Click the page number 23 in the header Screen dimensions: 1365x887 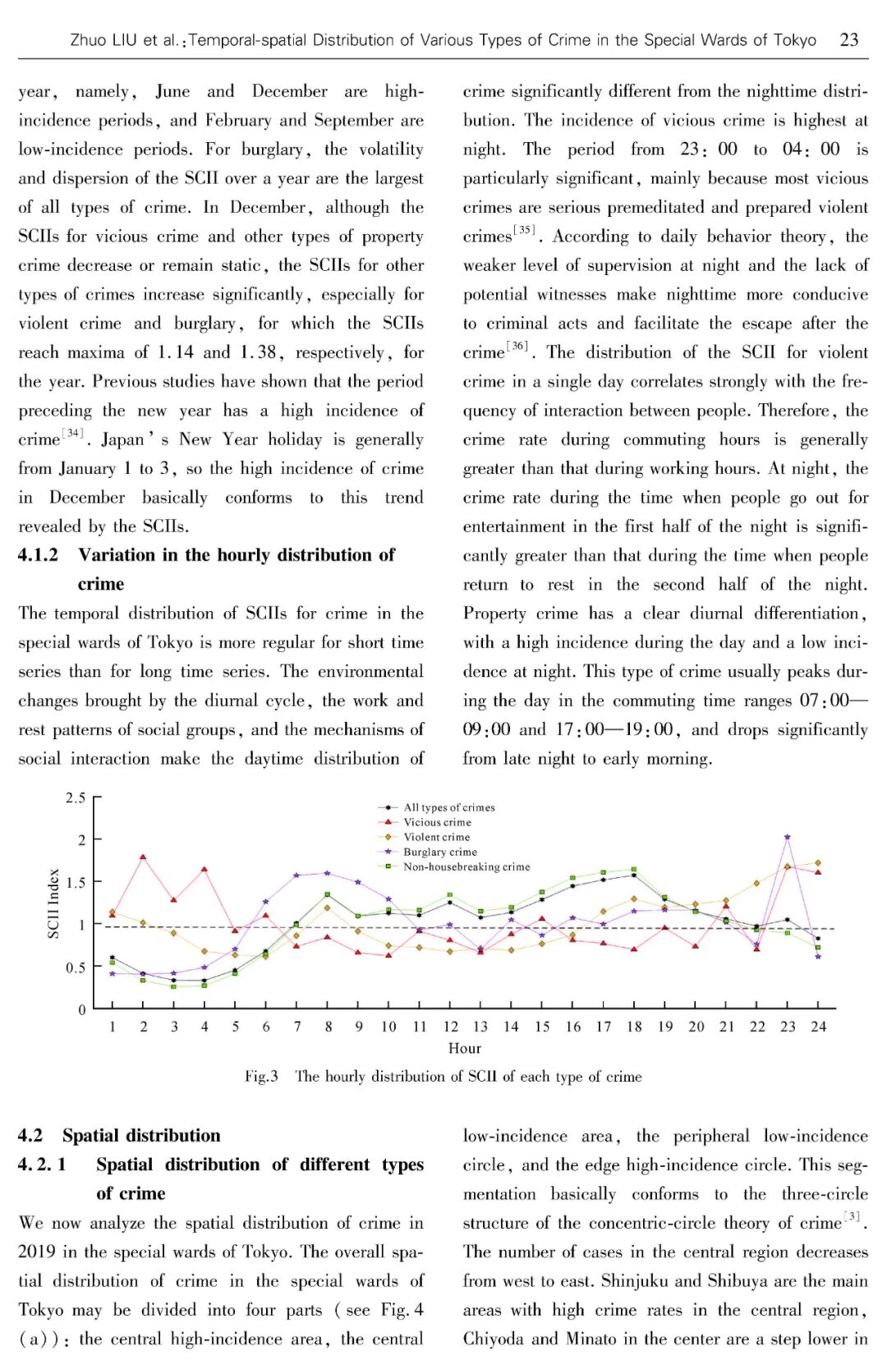(849, 39)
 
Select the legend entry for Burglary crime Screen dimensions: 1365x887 (439, 852)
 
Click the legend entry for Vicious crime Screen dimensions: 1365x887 (437, 822)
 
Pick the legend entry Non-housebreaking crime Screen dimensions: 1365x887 (466, 866)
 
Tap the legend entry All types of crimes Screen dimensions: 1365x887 (448, 807)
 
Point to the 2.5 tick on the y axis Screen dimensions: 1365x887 (76, 797)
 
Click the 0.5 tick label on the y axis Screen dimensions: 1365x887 (76, 967)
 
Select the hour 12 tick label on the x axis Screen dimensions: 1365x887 (450, 1027)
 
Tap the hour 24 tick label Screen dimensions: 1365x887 (818, 1027)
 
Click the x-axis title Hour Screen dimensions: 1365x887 (465, 1049)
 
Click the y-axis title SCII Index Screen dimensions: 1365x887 (54, 903)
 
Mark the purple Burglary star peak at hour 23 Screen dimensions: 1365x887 (788, 838)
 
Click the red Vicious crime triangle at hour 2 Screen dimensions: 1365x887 (143, 857)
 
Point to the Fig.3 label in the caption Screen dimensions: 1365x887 (261, 1077)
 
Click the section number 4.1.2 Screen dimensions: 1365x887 (38, 555)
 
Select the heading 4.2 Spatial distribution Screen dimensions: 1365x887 (119, 1136)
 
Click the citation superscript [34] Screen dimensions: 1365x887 (73, 433)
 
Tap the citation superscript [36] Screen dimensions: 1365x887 (517, 346)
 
